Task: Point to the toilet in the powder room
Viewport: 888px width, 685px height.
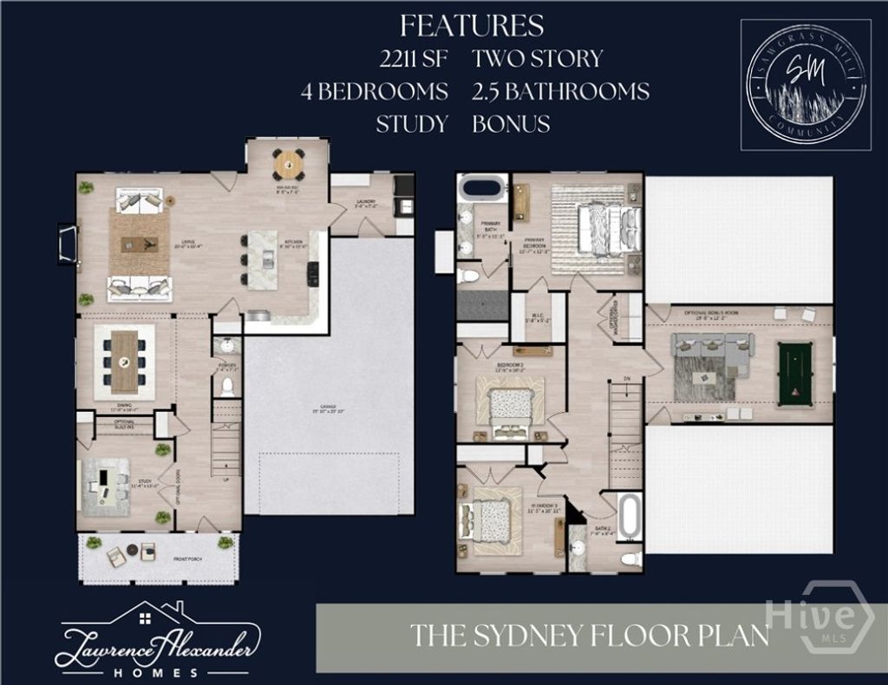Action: click(x=228, y=385)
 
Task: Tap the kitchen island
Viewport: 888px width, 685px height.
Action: click(x=263, y=259)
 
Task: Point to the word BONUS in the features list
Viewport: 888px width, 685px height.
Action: click(x=511, y=123)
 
